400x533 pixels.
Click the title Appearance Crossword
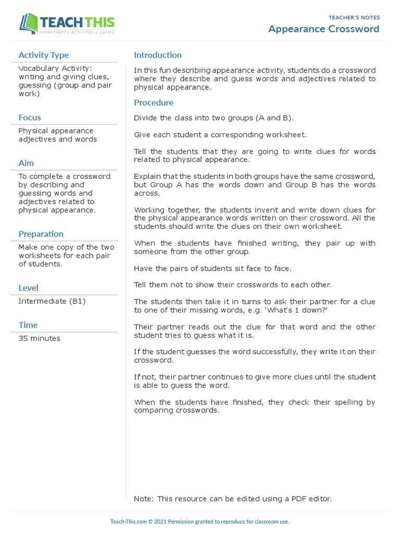(x=323, y=29)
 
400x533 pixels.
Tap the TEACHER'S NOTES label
(x=354, y=17)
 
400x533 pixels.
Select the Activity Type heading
(x=43, y=55)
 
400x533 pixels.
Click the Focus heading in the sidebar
(x=30, y=118)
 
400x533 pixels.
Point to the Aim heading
(x=26, y=163)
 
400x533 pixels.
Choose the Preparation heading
(x=41, y=234)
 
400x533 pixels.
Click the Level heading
(x=28, y=288)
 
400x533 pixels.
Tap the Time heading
(x=28, y=325)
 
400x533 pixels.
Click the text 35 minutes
(x=39, y=338)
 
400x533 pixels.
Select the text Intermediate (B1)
(x=52, y=301)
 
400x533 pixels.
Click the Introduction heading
(x=158, y=55)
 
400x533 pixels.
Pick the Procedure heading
(x=154, y=103)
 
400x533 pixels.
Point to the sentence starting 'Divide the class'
(x=214, y=118)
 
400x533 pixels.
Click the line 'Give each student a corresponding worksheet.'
(x=220, y=135)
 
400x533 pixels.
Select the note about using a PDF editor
(x=232, y=499)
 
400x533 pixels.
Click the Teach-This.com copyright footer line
(x=199, y=522)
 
